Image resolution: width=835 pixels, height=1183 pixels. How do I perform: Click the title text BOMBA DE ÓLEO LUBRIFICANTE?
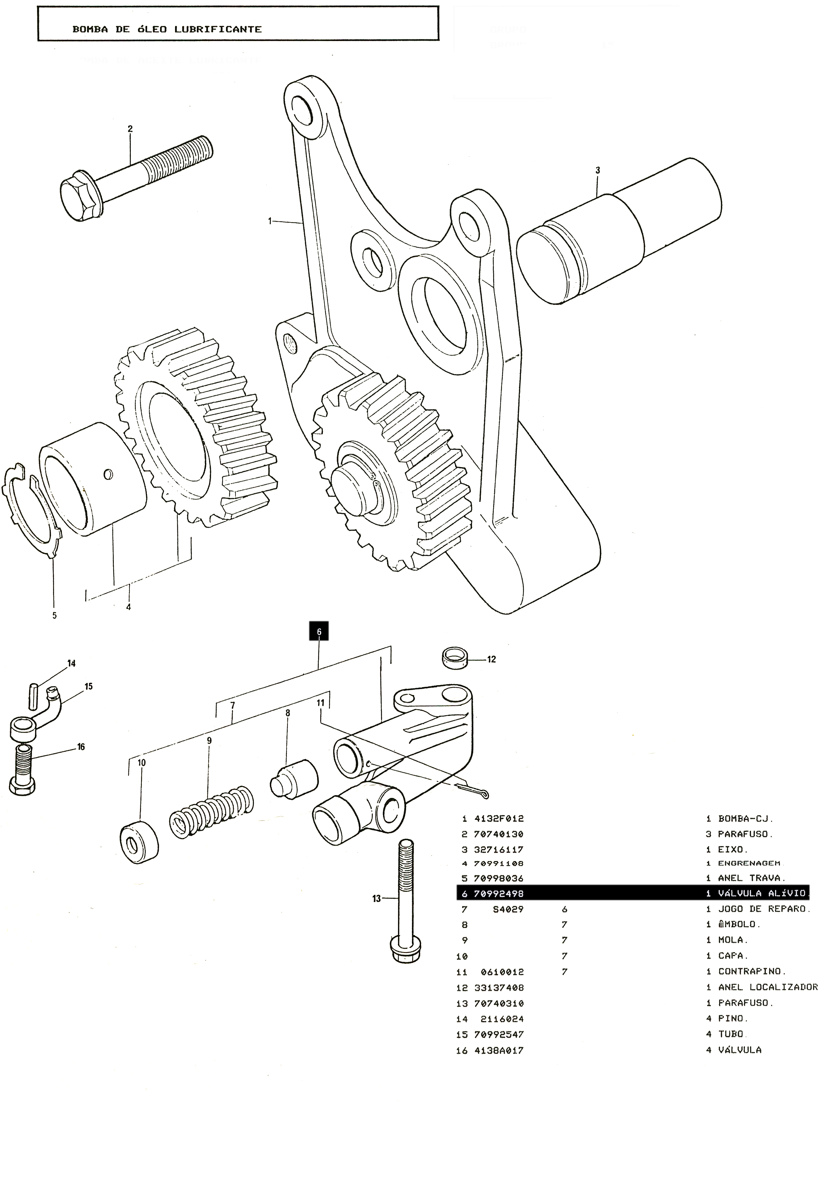(x=167, y=29)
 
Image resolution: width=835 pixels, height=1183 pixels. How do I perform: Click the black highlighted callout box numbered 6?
(x=318, y=631)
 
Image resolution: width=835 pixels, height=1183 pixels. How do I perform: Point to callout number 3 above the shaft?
(x=597, y=170)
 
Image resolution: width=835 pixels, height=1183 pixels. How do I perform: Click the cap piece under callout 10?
(x=139, y=842)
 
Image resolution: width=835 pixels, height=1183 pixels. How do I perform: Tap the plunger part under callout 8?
(x=293, y=778)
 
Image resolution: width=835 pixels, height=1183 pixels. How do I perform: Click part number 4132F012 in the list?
(x=499, y=819)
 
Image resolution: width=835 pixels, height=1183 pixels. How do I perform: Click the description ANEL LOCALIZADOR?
(x=767, y=988)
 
